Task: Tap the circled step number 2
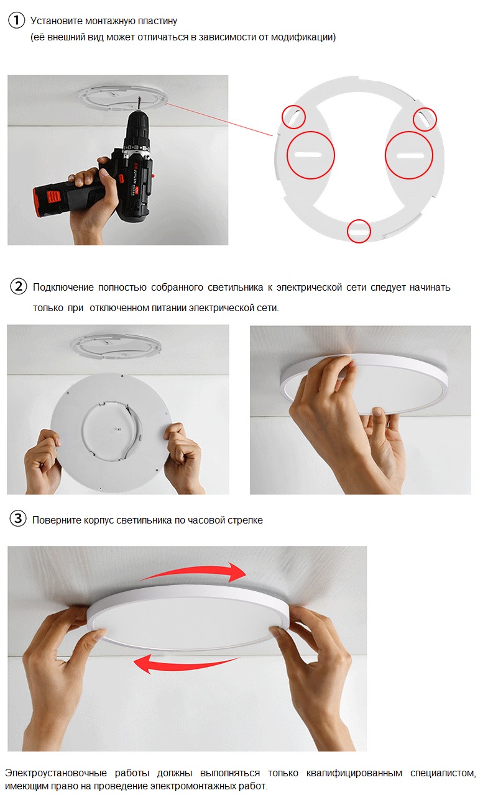(19, 287)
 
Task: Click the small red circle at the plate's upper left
(294, 116)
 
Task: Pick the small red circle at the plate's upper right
(425, 118)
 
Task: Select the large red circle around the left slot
(310, 155)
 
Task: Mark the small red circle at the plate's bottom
(359, 230)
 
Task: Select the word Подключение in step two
(63, 288)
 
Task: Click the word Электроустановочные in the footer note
(55, 773)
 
